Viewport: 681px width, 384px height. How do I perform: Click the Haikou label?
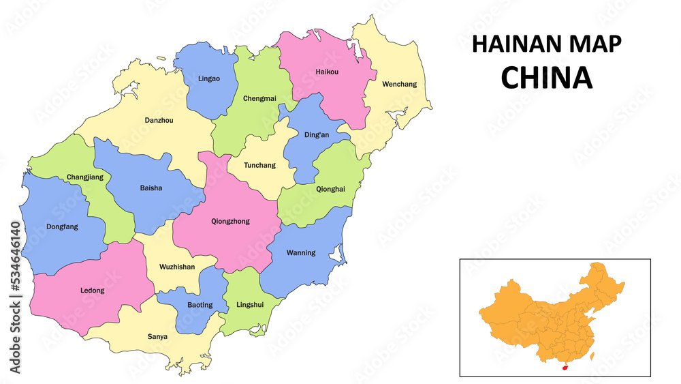point(327,72)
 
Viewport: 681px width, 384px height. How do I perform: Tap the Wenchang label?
point(399,85)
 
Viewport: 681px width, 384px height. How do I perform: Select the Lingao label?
point(209,78)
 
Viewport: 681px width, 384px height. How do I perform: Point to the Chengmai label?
point(259,98)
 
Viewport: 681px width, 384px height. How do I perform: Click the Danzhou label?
point(159,120)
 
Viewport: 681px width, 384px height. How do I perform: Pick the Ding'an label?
point(316,135)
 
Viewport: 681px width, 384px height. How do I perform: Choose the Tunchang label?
point(260,165)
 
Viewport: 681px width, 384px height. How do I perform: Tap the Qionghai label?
point(330,189)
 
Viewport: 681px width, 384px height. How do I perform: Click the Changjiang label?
point(85,177)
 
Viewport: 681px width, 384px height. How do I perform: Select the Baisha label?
point(151,188)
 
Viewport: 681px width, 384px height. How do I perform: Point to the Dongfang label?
point(62,226)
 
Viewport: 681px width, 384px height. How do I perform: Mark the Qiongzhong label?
point(230,221)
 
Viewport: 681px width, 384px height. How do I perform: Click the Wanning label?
point(300,252)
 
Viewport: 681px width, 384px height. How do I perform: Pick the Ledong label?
point(93,291)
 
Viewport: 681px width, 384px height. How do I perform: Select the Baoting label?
point(200,305)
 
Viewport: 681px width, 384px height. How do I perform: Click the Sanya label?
point(158,336)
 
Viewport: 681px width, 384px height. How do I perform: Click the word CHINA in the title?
point(546,78)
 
